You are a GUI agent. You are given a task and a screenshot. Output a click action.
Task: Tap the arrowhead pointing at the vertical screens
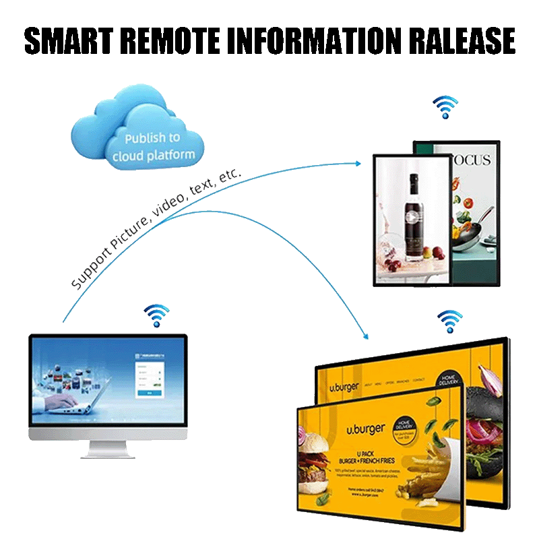358,163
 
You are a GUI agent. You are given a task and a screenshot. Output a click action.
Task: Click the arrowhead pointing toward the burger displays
365,335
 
